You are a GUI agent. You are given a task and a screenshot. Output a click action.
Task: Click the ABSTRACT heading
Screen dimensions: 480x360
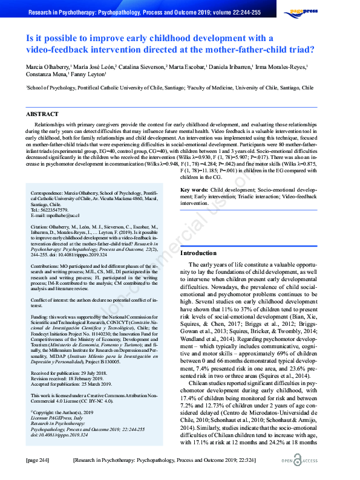coord(42,114)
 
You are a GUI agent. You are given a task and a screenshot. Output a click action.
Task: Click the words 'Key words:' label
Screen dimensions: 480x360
coord(194,190)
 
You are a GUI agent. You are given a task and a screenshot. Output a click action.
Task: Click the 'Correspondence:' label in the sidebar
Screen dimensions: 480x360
coord(48,194)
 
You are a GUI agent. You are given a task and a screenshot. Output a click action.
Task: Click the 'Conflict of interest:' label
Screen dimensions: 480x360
coord(51,299)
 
